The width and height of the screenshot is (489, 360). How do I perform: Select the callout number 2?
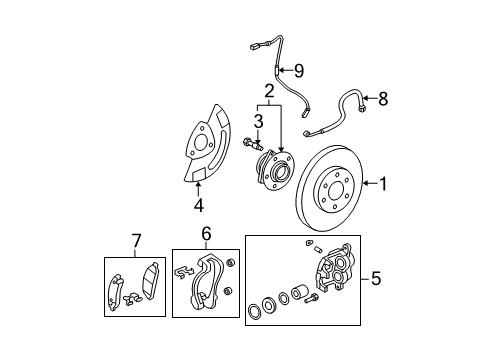point(269,93)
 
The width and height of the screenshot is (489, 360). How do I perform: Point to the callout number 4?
point(197,207)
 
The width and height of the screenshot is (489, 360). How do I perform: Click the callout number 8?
point(381,98)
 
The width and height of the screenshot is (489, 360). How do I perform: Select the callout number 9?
point(296,70)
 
